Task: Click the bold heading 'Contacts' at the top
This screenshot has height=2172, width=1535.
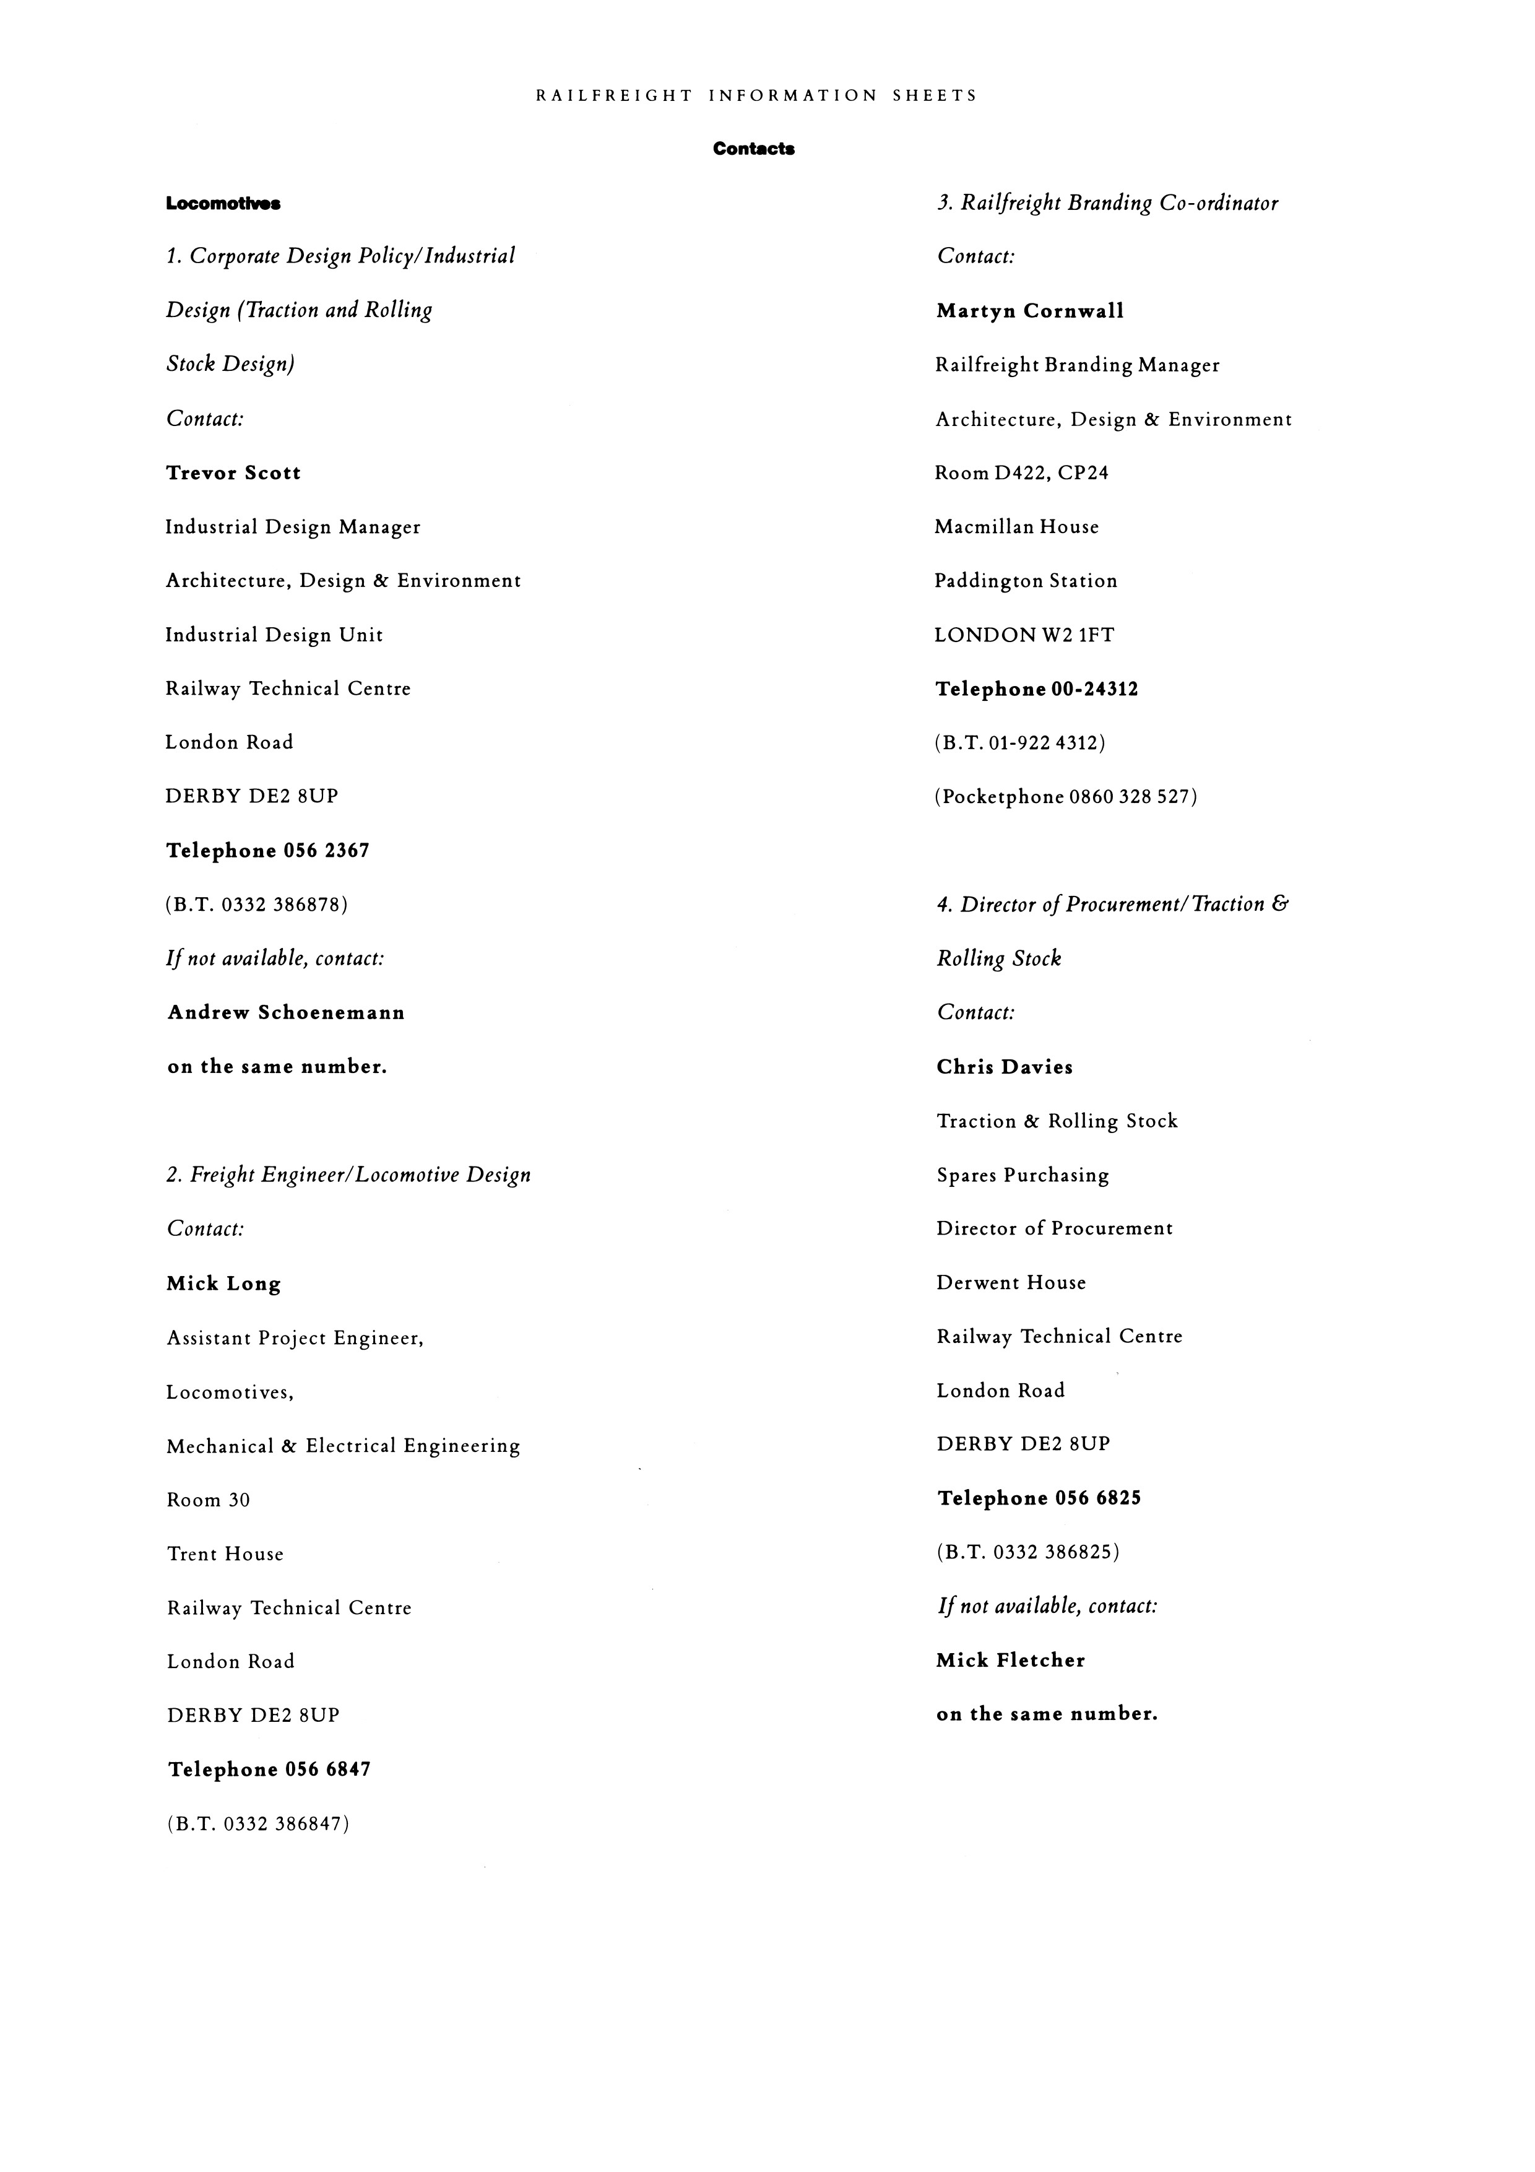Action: (754, 149)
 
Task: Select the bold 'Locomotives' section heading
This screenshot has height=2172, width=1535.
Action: (223, 203)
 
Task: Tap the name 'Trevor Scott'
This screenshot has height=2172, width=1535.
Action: (233, 473)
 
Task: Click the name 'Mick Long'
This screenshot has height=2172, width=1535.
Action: (224, 1284)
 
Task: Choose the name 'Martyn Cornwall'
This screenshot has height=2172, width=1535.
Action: (1030, 311)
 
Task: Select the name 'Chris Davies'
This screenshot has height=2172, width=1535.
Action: (1005, 1067)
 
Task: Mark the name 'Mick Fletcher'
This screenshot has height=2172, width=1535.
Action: (1010, 1660)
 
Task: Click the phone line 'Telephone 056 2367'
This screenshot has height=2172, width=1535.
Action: (267, 851)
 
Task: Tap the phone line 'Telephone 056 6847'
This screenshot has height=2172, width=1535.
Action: (269, 1769)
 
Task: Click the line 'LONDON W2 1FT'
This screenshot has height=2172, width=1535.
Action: (1024, 635)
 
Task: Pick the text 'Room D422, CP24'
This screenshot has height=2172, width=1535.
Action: (1021, 473)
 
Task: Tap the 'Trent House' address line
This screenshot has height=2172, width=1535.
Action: (225, 1553)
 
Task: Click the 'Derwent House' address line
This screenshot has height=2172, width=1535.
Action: (1011, 1283)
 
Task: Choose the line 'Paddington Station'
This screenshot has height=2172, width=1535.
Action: (1025, 581)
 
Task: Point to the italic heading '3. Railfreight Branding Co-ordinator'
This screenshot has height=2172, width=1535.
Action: (1107, 203)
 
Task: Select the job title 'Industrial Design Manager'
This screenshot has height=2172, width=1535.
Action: (293, 527)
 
